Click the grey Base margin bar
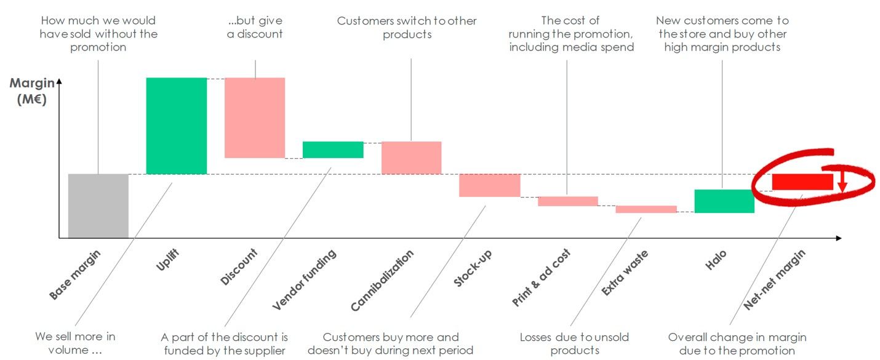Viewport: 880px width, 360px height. (x=98, y=206)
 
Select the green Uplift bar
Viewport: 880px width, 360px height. (x=176, y=126)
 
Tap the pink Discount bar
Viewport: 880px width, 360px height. (x=254, y=118)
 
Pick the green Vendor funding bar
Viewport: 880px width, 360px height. (x=332, y=150)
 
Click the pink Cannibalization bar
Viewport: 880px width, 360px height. (x=411, y=158)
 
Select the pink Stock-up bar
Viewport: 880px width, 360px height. (x=489, y=185)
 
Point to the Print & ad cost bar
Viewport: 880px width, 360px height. (x=567, y=201)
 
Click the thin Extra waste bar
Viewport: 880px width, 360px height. (x=646, y=209)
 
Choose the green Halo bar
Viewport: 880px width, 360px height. (x=724, y=201)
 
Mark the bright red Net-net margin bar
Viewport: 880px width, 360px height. (x=802, y=182)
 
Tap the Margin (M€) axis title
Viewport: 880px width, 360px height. (x=33, y=90)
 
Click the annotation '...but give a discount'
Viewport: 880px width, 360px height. (x=255, y=28)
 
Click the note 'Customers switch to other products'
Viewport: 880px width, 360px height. (x=407, y=28)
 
